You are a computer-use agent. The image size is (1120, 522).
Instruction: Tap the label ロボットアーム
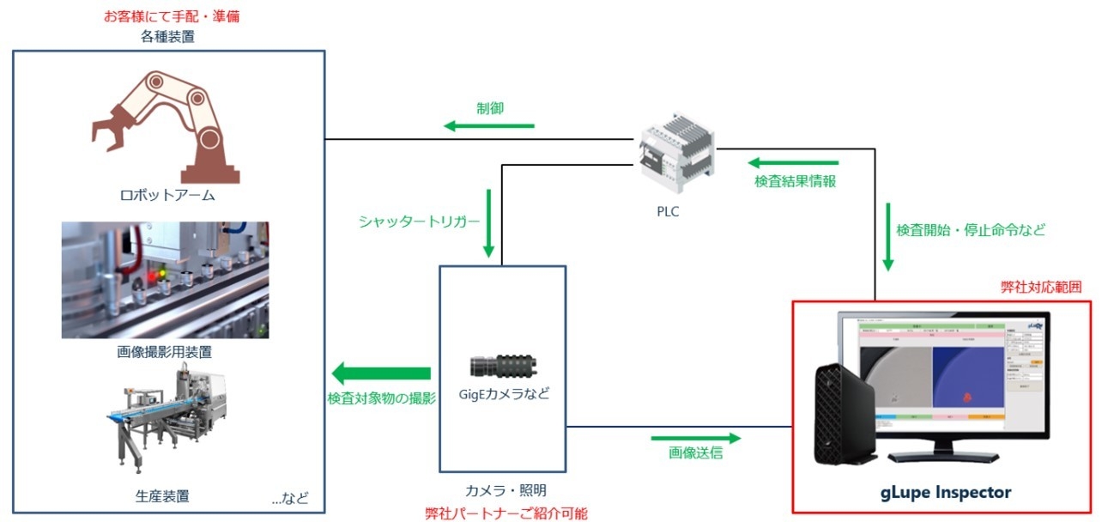coord(166,196)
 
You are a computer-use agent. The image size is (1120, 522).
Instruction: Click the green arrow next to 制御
coord(488,127)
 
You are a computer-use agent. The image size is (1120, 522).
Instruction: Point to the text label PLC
coord(667,211)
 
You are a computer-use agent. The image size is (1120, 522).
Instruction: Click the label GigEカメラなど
coord(503,395)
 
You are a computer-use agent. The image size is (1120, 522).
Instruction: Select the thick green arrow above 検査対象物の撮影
coord(381,373)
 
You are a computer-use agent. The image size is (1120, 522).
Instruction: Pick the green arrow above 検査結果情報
coord(791,162)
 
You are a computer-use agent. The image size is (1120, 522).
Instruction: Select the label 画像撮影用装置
coord(166,352)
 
